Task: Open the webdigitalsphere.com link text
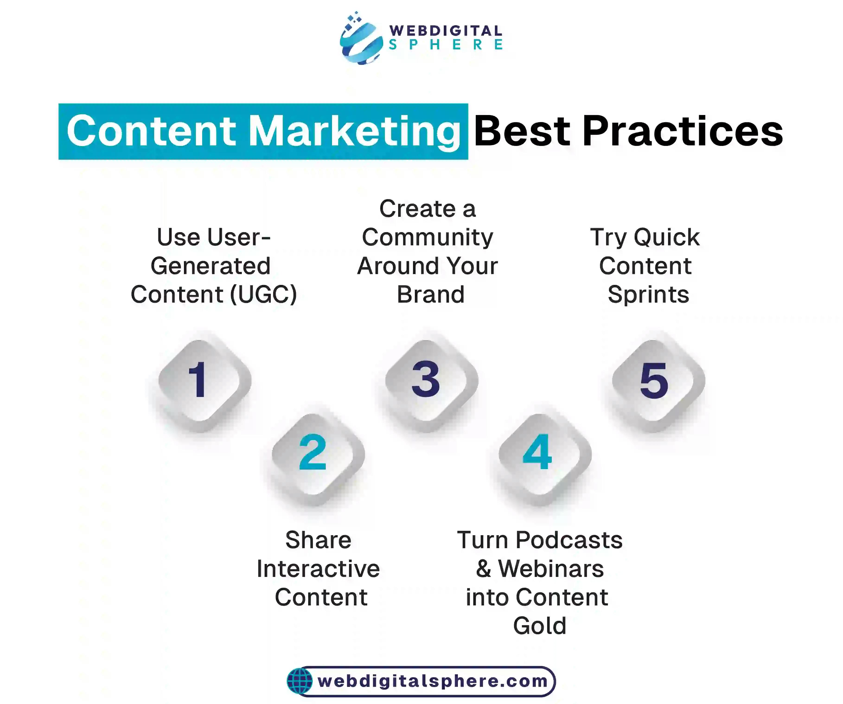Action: click(433, 681)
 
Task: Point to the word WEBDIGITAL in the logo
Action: click(446, 31)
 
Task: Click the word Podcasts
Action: click(569, 540)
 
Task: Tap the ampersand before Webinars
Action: click(484, 569)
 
